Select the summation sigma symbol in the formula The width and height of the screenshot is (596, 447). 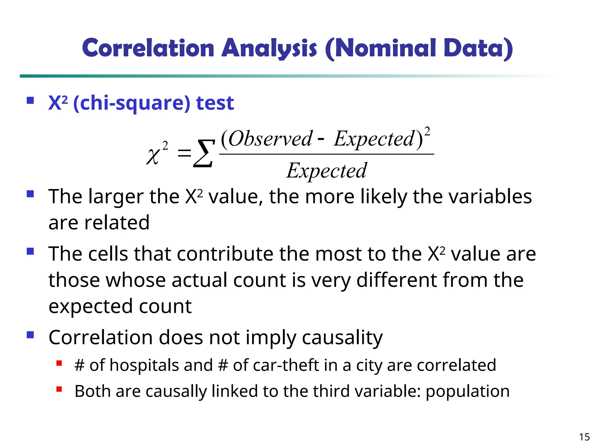(204, 153)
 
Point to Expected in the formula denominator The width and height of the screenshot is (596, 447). (327, 171)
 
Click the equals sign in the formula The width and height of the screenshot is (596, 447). (185, 153)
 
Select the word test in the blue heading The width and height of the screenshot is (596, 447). (215, 103)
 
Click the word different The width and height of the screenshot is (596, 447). (397, 280)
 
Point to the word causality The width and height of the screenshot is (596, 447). (342, 338)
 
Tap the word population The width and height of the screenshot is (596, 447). (468, 392)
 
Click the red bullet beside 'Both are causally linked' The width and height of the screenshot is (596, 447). (59, 389)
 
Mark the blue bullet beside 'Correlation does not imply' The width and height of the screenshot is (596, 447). (30, 335)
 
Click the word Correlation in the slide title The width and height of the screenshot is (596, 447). (148, 48)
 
